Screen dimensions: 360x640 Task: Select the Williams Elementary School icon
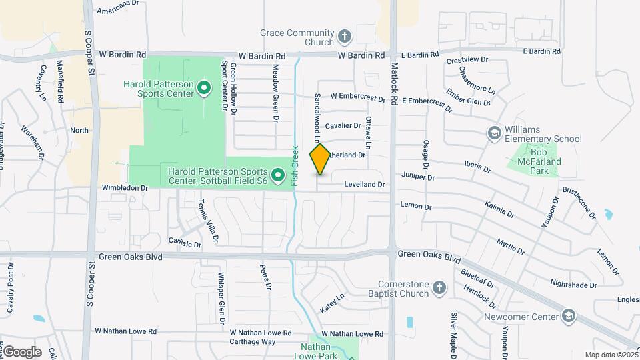[494, 133]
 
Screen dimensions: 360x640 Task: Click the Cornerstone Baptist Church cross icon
[439, 287]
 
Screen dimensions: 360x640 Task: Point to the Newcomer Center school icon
[568, 315]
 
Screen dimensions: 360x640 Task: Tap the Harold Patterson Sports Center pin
[205, 87]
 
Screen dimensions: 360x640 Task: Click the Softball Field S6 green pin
[279, 175]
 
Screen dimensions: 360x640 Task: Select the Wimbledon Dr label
[124, 189]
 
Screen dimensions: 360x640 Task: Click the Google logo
[22, 351]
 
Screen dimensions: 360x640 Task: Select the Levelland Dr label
[364, 183]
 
